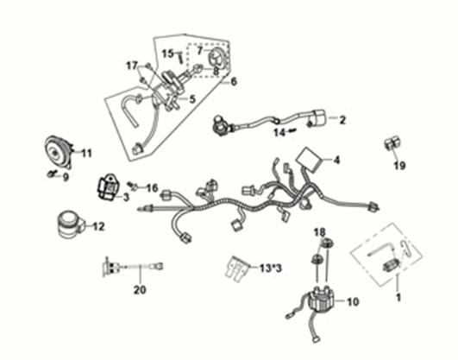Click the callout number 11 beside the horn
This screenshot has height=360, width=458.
(86, 153)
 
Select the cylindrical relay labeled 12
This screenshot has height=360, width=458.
(66, 224)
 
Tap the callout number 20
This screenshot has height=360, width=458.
(140, 290)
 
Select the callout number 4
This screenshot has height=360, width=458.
(337, 161)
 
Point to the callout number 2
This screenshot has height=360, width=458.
(342, 120)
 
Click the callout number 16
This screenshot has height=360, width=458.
(152, 187)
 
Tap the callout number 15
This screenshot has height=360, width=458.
(169, 54)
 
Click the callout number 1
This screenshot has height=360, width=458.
(398, 296)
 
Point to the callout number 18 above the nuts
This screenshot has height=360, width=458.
(319, 233)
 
